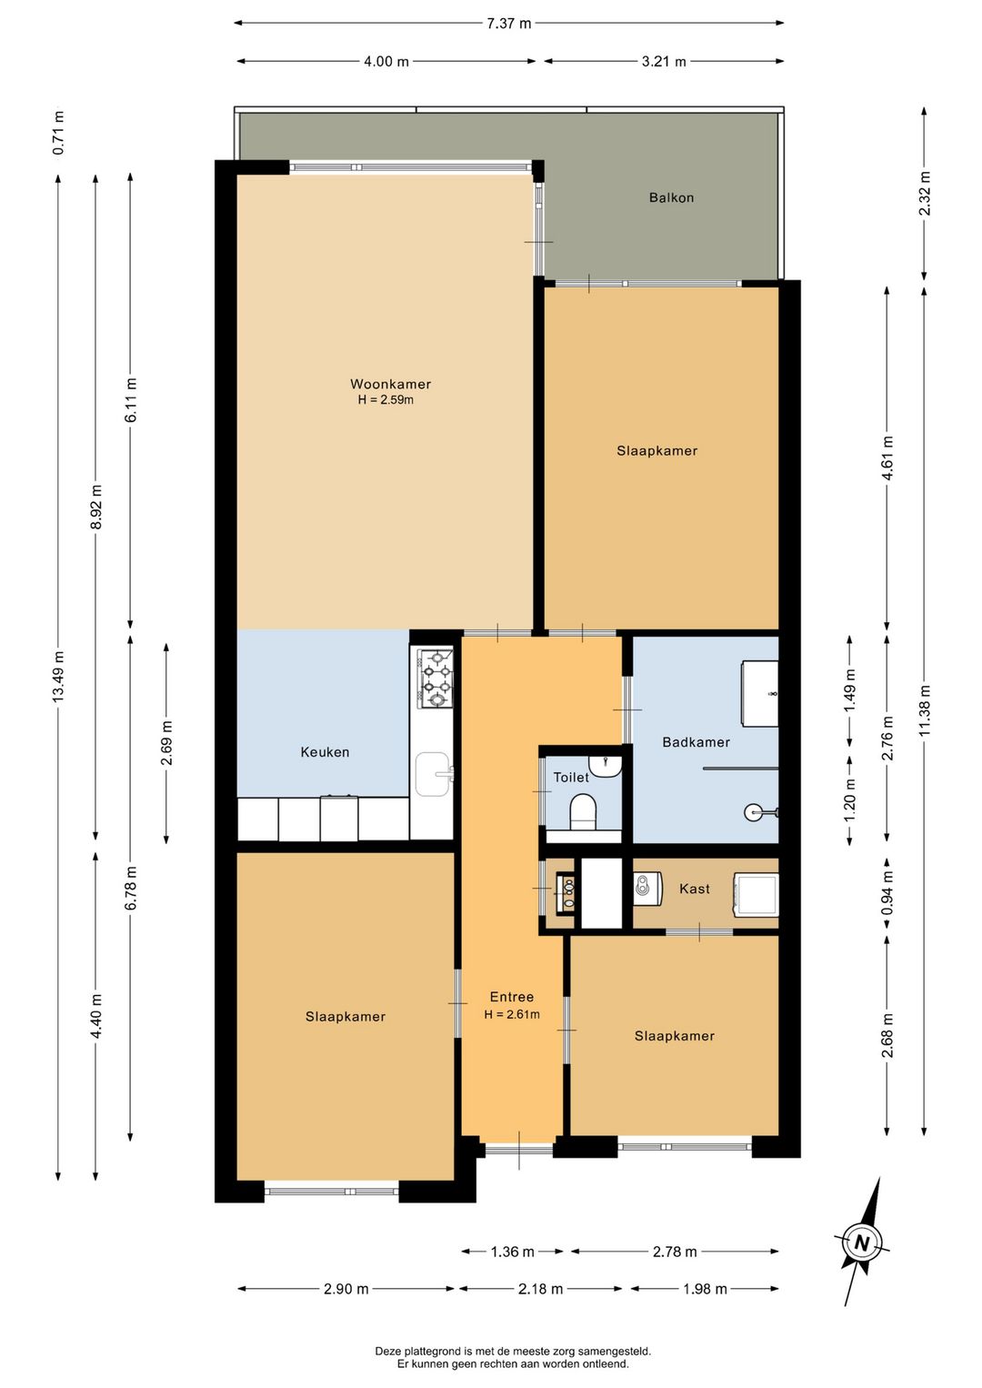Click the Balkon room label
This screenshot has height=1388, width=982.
671,197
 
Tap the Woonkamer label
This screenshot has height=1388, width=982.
390,384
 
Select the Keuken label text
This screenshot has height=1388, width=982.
325,752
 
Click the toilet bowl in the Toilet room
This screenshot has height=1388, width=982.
583,812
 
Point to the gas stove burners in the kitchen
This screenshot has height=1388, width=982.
436,679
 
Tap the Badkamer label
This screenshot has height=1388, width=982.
696,742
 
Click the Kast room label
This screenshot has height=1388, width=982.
695,890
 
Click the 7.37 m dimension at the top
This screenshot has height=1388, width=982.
508,24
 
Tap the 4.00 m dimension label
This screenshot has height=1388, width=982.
386,61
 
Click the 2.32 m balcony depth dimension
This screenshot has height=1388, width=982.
924,193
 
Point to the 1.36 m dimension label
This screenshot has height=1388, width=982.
513,1252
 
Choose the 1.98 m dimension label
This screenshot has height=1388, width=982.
705,1289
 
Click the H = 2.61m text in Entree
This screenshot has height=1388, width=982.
512,1014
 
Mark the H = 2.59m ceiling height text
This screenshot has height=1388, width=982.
386,399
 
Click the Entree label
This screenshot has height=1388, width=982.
512,997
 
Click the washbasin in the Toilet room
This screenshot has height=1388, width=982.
605,767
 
